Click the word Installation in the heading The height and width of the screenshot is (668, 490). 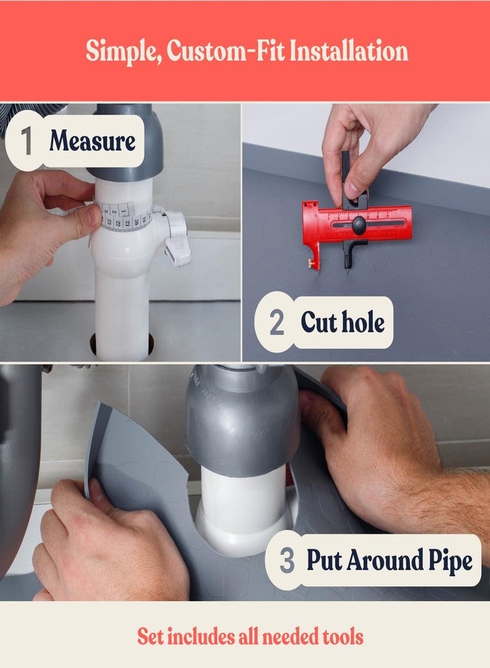coord(348,50)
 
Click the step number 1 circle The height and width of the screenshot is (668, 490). coord(27,140)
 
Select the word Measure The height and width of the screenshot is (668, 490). coord(92,140)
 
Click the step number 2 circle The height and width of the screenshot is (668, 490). coord(277,322)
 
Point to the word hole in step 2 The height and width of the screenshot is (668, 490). coord(364,322)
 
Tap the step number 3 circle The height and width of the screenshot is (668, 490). coord(287,560)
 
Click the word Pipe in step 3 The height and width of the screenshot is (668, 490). coord(451,560)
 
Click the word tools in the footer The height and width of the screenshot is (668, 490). coord(342,637)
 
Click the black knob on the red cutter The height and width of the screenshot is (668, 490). coord(359,223)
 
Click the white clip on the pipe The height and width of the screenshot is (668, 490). coord(175,237)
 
